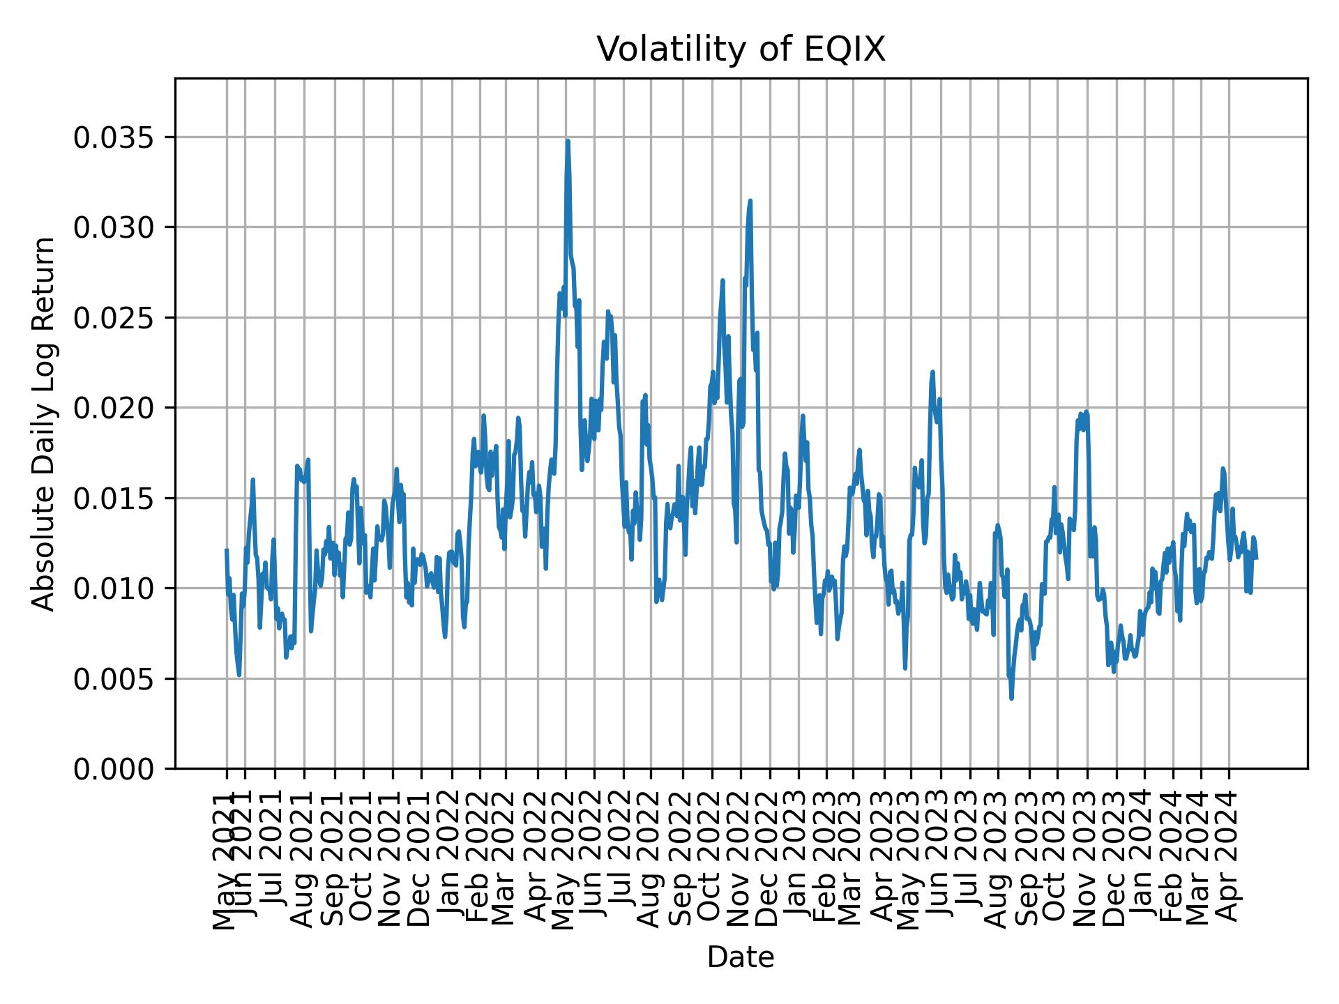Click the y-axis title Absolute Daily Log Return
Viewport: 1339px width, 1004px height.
coord(45,424)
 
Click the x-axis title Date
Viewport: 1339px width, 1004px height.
coord(741,957)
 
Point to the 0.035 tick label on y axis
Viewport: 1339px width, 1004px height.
coord(113,138)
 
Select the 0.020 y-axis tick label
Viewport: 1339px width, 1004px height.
coord(113,409)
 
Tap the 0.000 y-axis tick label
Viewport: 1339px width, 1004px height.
coord(113,769)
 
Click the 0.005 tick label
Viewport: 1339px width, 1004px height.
coord(113,679)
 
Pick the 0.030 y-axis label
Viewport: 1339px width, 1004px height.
coord(113,228)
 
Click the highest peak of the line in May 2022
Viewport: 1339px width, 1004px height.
coord(568,142)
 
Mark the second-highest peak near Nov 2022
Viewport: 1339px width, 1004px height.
coord(750,201)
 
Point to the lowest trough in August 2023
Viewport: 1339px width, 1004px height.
coord(1011,699)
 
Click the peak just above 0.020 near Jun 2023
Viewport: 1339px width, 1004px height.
coord(932,372)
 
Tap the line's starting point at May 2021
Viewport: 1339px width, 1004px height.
coord(227,550)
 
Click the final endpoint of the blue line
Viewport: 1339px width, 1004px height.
coord(1257,558)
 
